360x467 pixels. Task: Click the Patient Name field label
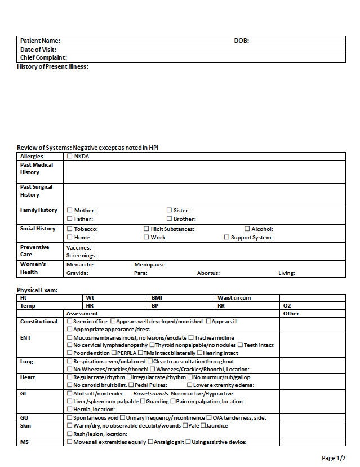tap(40, 41)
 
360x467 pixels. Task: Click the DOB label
tap(241, 41)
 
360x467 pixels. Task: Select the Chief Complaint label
tap(43, 57)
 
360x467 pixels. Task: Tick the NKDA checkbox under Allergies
tap(70, 156)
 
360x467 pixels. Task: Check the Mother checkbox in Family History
tap(70, 210)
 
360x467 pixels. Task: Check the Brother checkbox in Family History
tap(169, 219)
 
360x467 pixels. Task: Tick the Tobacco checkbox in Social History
tap(70, 229)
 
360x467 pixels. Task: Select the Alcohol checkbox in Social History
tap(247, 229)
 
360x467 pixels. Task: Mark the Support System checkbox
tap(226, 237)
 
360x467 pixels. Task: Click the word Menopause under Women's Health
tap(150, 264)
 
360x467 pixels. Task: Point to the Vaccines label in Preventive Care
tap(78, 247)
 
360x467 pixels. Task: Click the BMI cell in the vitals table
tap(157, 297)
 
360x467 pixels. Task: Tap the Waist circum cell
tap(234, 297)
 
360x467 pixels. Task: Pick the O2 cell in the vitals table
tap(287, 305)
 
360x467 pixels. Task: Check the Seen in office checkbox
tap(70, 321)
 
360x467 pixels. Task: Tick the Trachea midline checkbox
tap(190, 337)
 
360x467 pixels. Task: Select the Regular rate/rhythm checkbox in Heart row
tap(70, 377)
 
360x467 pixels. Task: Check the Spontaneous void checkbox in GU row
tap(70, 417)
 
